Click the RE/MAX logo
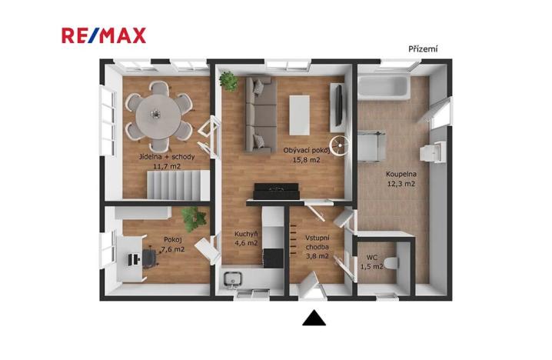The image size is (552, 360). [104, 35]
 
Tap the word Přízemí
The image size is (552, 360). [423, 49]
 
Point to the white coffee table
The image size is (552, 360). [298, 112]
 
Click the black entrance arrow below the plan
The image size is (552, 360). [314, 318]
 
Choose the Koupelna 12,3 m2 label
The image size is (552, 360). [401, 179]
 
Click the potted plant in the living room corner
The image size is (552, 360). [228, 80]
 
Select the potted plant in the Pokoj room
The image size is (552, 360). [195, 218]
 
